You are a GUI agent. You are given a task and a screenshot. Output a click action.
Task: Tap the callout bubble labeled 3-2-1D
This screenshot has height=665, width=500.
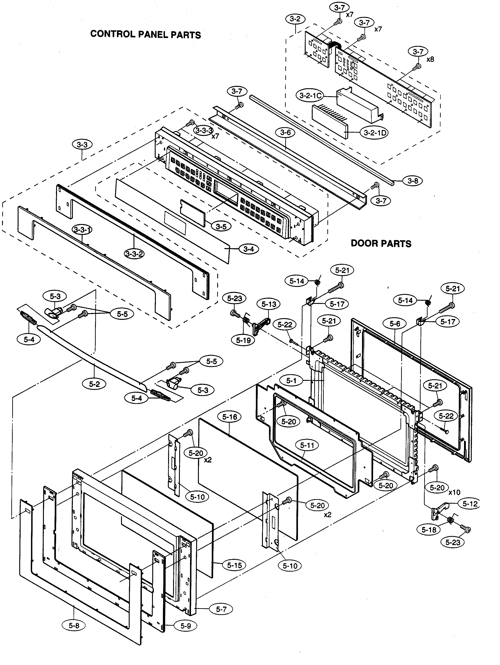(375, 133)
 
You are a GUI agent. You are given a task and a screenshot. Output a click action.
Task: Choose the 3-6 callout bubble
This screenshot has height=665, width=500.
(285, 132)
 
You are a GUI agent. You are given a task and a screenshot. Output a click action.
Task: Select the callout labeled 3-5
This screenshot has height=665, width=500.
(221, 226)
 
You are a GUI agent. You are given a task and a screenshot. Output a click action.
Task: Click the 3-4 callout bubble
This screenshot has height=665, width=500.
(249, 249)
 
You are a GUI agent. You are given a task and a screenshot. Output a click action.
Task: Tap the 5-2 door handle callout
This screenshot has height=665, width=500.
(94, 384)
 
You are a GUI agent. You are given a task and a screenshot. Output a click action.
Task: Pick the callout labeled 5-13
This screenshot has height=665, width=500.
(269, 304)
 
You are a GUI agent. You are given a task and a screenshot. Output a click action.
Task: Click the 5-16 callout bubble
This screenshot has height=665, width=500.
(230, 417)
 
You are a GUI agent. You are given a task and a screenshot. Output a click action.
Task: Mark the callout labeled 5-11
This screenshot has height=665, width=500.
(307, 445)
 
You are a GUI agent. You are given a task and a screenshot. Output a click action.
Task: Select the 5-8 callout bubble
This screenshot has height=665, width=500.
(74, 625)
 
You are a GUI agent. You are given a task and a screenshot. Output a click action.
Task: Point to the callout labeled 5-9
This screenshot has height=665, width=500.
(186, 626)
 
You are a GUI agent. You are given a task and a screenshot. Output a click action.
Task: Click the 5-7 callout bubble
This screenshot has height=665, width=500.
(221, 609)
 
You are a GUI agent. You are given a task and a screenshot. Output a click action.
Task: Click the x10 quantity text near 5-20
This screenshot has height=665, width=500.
(454, 492)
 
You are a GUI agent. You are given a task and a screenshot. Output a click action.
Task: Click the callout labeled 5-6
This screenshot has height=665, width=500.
(395, 324)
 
